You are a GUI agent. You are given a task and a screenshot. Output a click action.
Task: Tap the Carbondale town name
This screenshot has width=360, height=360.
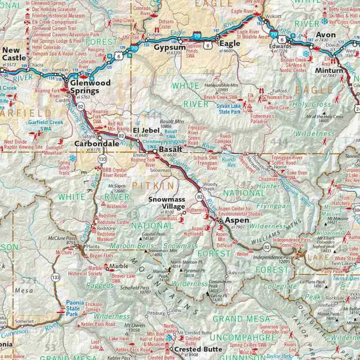(96, 144)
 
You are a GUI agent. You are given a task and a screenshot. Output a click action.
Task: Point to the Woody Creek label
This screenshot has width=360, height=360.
(210, 187)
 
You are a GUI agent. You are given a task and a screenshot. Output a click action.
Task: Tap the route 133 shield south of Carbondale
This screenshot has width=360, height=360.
(103, 159)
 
